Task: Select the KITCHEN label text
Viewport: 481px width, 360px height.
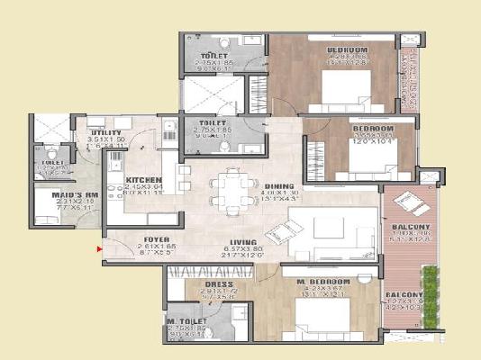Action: point(143,179)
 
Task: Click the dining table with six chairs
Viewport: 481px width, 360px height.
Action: point(226,189)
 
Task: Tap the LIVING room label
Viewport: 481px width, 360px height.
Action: point(243,243)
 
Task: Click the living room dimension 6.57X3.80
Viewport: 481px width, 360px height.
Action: point(243,251)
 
